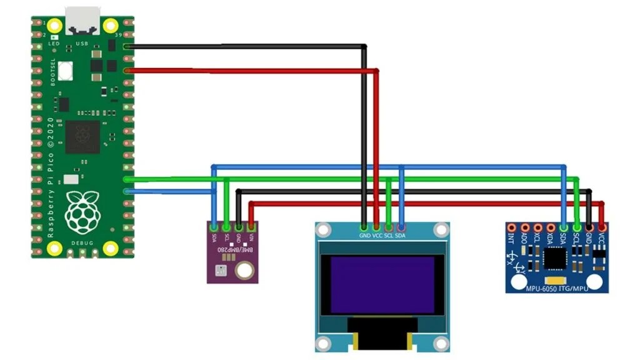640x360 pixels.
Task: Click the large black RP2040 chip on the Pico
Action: (82, 137)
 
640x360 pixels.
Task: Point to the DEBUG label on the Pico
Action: (82, 242)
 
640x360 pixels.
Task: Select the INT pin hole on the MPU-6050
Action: (512, 227)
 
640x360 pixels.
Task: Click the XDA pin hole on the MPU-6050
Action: (551, 227)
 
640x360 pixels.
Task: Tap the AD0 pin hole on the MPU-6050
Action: (525, 227)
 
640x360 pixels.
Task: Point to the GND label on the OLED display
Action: (364, 236)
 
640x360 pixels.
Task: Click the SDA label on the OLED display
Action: (401, 236)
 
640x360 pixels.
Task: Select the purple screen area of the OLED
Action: (382, 284)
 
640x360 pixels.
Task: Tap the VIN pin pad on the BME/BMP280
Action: (251, 226)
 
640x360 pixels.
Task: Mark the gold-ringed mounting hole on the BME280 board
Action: (244, 271)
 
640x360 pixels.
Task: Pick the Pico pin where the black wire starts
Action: (128, 46)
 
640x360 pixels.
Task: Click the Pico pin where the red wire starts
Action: (128, 71)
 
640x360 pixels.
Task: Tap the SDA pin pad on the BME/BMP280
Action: (214, 226)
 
